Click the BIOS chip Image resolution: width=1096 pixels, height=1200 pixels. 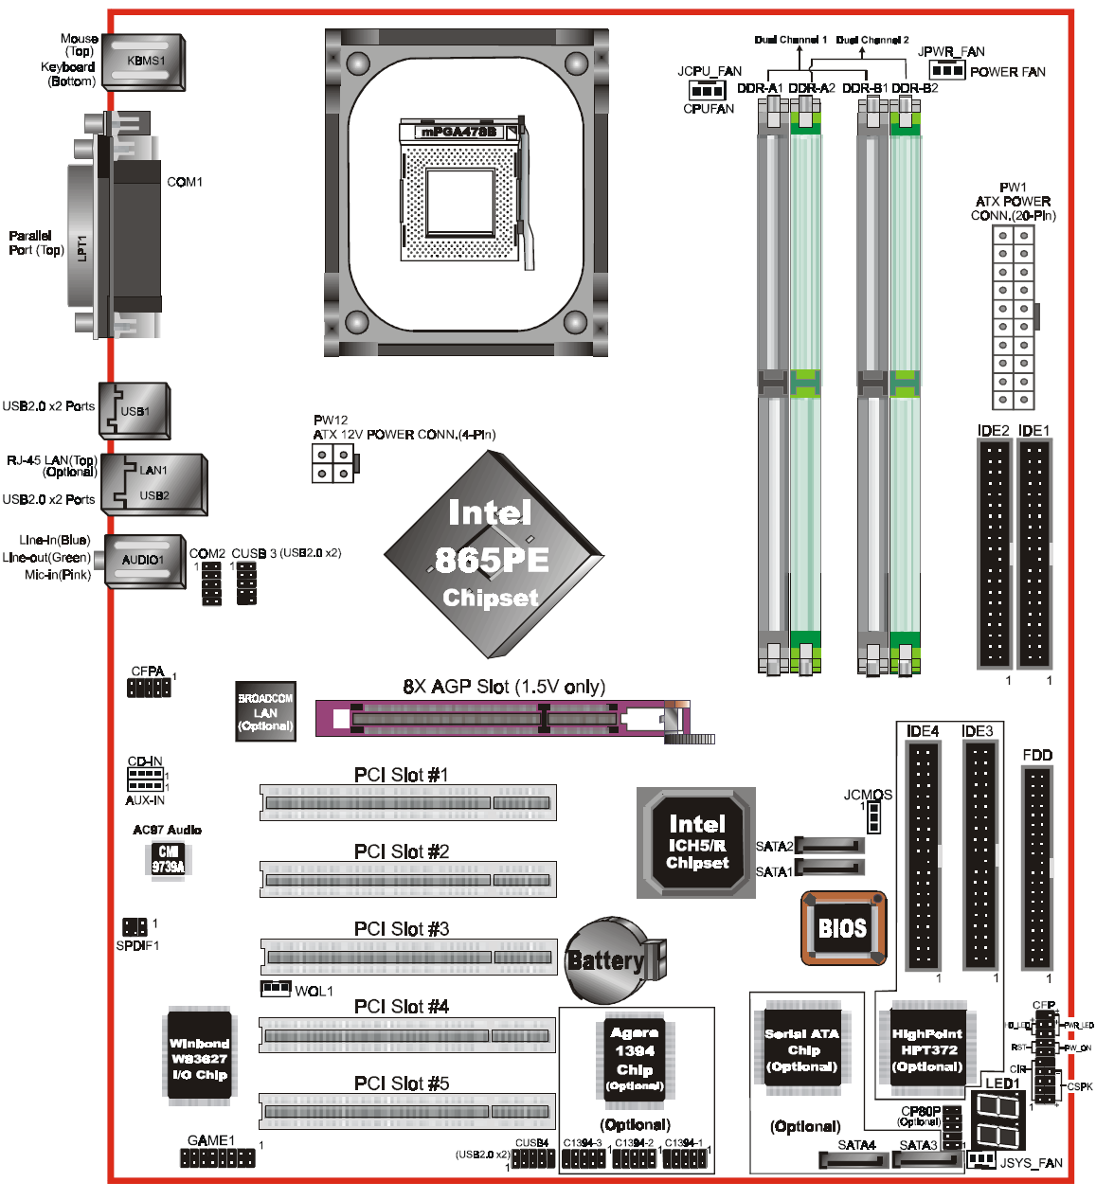pos(843,927)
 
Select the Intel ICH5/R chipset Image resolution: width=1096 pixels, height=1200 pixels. pos(697,842)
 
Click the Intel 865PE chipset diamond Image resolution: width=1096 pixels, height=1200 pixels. pos(493,555)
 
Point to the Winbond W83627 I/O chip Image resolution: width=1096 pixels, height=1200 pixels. pos(199,1057)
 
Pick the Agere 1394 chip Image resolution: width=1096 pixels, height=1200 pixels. pos(635,1058)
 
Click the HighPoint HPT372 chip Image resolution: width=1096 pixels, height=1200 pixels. pos(927,1049)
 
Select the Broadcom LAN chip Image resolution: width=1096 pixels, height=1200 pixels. pos(265,711)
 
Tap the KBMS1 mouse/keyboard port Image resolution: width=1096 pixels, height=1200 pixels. pos(144,62)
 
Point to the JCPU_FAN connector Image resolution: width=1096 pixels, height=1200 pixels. pos(707,90)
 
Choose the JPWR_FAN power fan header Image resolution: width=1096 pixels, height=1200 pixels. pos(946,71)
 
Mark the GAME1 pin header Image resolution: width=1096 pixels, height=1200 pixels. pos(218,1157)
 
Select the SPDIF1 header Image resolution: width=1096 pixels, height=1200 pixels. pos(135,926)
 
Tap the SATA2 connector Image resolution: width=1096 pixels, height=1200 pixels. pos(831,846)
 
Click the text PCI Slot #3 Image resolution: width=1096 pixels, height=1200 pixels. pos(402,929)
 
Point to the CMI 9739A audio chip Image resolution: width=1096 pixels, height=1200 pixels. pos(169,859)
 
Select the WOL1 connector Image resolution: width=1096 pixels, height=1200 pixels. pos(276,988)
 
